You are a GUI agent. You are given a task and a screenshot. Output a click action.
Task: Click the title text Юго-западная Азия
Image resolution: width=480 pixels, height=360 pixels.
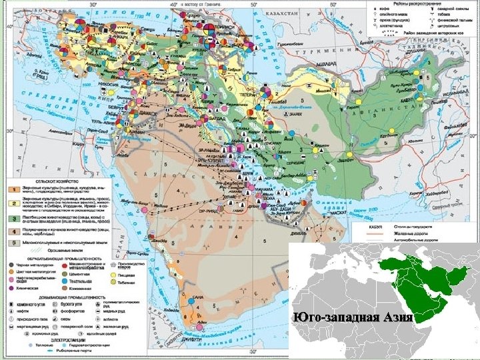point(353,315)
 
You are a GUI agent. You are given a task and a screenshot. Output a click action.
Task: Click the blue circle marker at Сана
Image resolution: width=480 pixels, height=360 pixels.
point(192,303)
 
